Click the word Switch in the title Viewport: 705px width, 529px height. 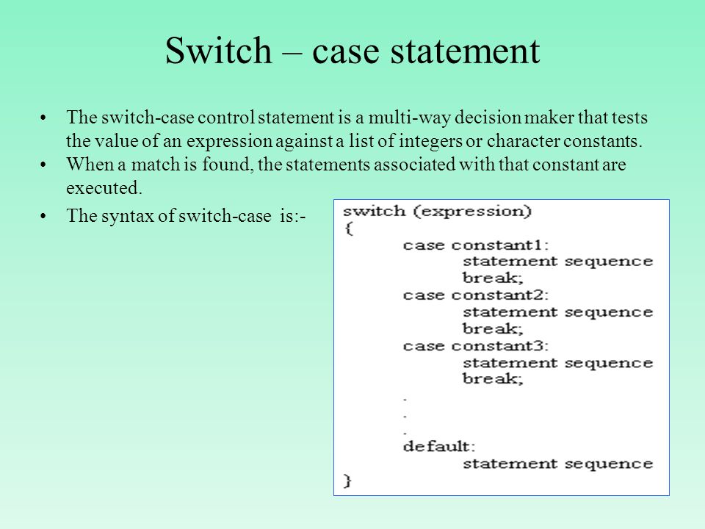[219, 50]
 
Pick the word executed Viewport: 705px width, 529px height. [104, 187]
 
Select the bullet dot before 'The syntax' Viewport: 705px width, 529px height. [43, 217]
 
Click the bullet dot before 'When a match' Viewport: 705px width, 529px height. [43, 165]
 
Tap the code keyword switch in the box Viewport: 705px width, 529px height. [374, 211]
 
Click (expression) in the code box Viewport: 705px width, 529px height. [472, 212]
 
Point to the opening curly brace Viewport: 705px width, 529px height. [348, 228]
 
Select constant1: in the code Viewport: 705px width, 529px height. [500, 245]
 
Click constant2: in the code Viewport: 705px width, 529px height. [500, 295]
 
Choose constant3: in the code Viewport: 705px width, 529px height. [500, 346]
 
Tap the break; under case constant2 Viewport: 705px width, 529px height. [493, 328]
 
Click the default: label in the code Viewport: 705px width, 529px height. [439, 446]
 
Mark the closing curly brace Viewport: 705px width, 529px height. [347, 481]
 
